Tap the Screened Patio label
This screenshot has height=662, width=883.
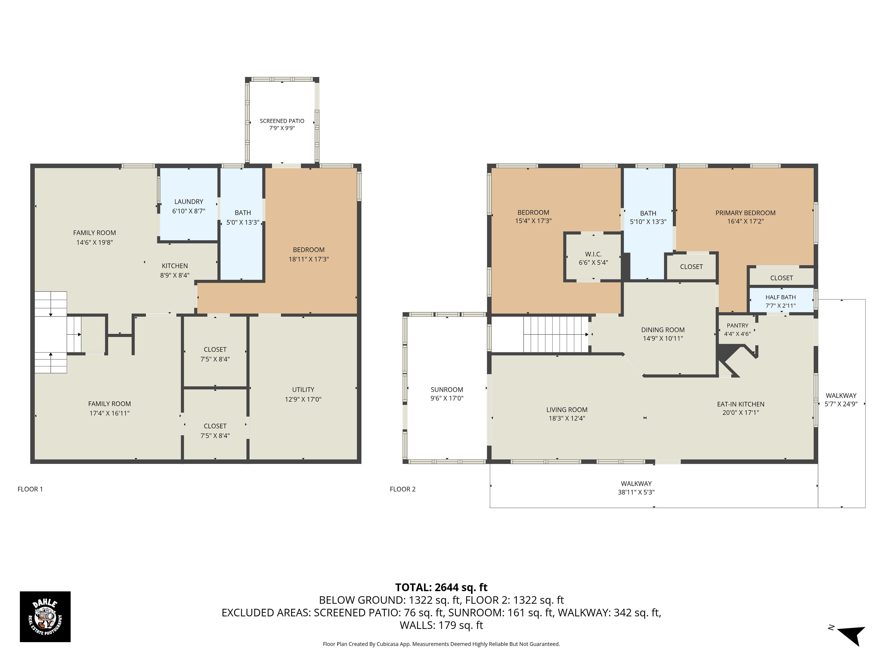point(282,121)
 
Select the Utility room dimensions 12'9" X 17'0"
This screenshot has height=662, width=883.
point(303,399)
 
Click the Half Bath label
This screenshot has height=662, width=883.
point(780,297)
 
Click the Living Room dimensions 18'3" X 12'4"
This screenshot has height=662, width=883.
point(567,418)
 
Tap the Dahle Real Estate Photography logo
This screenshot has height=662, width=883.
point(45,616)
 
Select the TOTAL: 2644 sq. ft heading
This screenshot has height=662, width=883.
point(441,587)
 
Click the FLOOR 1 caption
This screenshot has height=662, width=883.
point(30,489)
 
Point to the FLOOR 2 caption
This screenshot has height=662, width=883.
point(403,489)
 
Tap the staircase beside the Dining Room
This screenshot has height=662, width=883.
point(556,334)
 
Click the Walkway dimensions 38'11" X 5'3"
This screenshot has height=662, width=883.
point(636,492)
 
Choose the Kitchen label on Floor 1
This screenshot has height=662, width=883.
point(174,266)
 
